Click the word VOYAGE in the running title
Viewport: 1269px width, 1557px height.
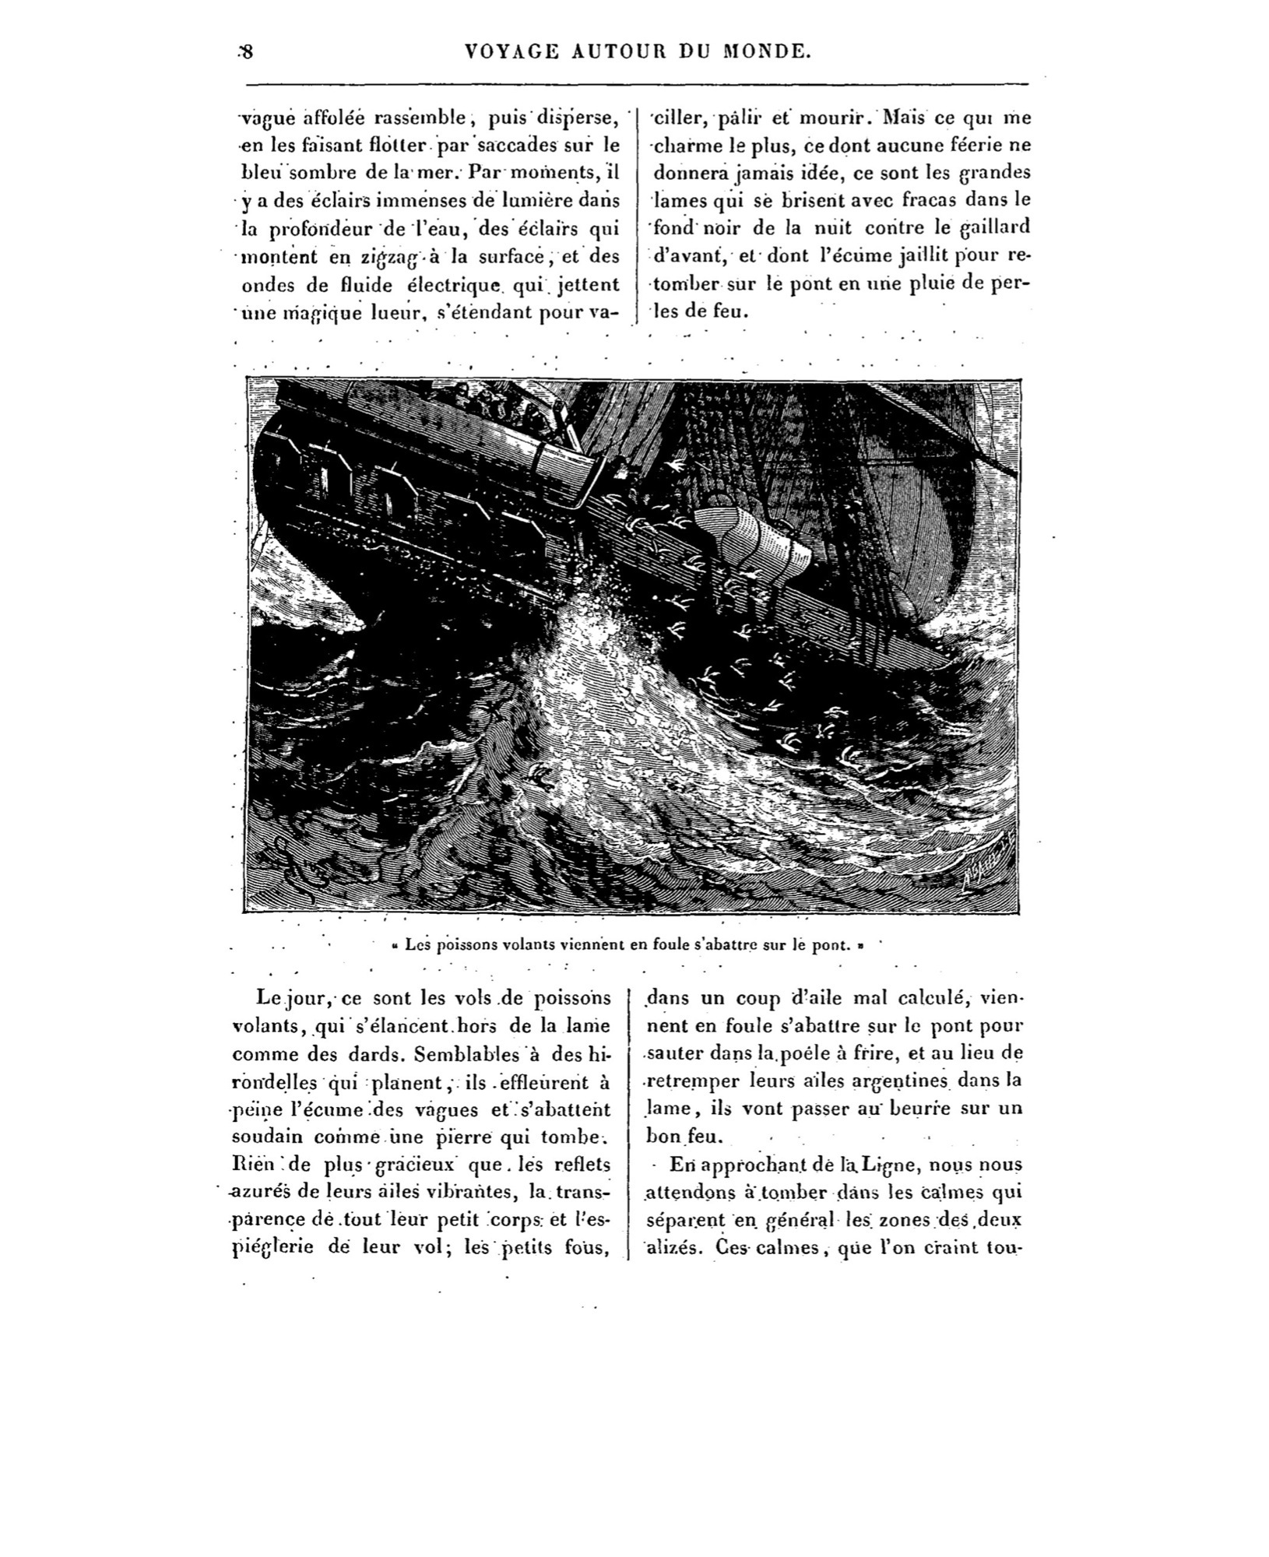point(511,52)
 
